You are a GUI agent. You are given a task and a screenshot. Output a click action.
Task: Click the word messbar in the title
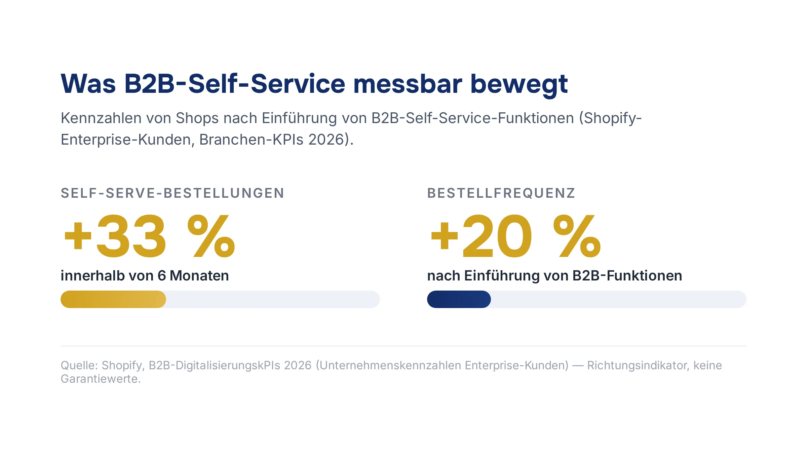click(x=408, y=84)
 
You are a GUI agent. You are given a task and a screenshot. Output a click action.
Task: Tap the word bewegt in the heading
click(x=519, y=85)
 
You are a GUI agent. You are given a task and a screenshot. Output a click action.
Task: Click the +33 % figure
click(x=149, y=236)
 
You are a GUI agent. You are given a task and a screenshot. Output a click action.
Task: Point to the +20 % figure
click(x=515, y=236)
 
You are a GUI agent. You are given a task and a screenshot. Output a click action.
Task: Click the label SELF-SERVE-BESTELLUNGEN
click(x=172, y=193)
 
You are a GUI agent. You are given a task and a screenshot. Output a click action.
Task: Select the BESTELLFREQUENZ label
click(x=501, y=193)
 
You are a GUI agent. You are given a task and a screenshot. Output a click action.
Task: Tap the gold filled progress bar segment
click(x=113, y=299)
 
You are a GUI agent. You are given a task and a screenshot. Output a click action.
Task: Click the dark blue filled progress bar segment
click(x=459, y=299)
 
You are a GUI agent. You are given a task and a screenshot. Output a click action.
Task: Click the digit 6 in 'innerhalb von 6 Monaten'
click(x=162, y=276)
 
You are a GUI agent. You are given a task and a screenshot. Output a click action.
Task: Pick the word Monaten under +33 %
click(x=199, y=276)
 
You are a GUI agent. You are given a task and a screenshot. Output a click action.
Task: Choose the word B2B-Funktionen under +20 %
click(x=627, y=276)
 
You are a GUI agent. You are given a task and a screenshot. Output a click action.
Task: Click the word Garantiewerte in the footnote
click(x=99, y=379)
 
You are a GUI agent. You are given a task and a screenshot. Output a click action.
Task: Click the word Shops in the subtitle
click(x=197, y=119)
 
